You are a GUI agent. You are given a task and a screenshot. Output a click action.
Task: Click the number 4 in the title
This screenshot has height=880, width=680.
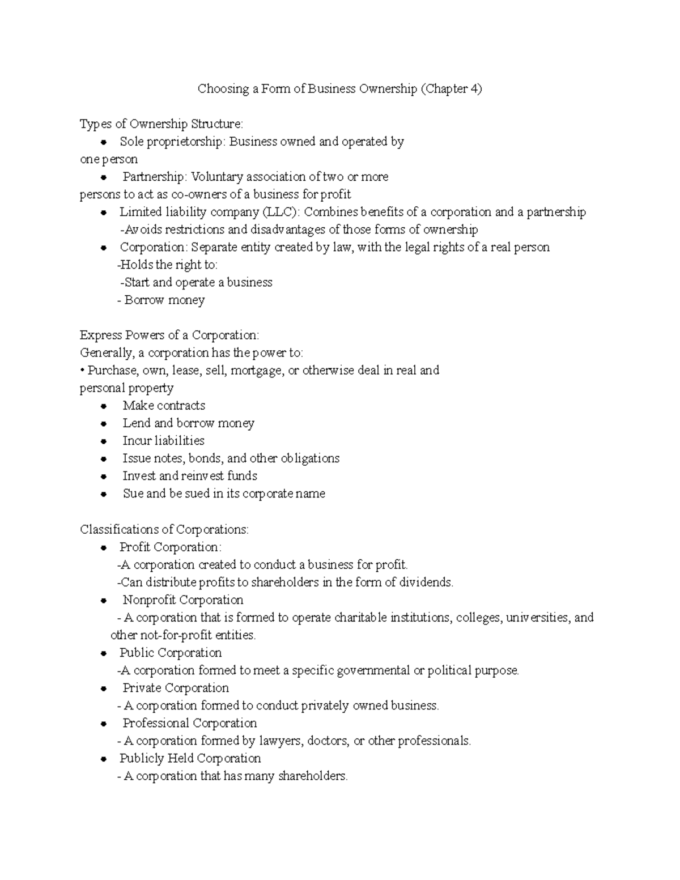point(473,89)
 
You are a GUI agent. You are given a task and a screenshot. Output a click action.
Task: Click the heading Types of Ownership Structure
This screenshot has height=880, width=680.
point(161,124)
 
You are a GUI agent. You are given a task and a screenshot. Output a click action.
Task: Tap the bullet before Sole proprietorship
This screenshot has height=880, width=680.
point(103,142)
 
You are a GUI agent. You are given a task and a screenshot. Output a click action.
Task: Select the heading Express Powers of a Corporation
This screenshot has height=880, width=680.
point(169,335)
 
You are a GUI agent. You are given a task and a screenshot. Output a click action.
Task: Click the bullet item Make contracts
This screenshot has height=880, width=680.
point(164,406)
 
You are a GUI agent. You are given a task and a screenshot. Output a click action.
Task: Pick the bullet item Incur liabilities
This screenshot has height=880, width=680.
point(163,441)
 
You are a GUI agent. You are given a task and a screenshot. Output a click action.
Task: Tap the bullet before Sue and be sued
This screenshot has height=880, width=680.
point(103,494)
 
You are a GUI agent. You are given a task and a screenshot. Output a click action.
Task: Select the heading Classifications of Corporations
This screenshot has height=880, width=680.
point(164,529)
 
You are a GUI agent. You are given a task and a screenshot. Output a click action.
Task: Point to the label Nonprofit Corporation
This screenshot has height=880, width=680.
point(182,600)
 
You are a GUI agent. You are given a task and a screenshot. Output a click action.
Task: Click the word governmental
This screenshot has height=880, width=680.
point(373,670)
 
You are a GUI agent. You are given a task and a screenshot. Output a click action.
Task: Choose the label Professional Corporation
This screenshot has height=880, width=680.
point(189,723)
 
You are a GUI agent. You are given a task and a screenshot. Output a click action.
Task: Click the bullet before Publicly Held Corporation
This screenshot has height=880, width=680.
point(103,759)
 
